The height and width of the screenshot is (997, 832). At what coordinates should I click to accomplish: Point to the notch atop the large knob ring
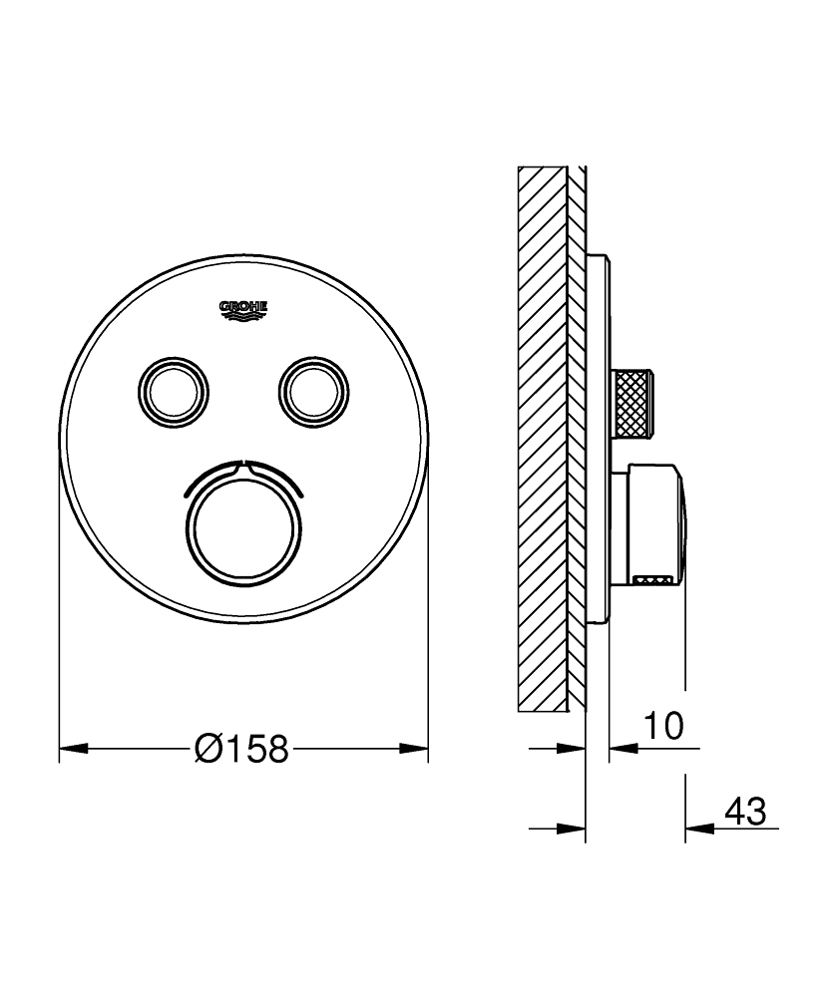(x=243, y=464)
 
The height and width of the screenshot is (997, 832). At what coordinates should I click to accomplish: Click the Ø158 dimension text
(x=242, y=748)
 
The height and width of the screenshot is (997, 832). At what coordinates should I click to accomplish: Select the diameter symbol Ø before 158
(x=208, y=748)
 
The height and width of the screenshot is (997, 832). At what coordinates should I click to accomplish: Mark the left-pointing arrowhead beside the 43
(x=699, y=828)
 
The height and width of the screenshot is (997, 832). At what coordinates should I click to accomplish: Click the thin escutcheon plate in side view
(x=598, y=439)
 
